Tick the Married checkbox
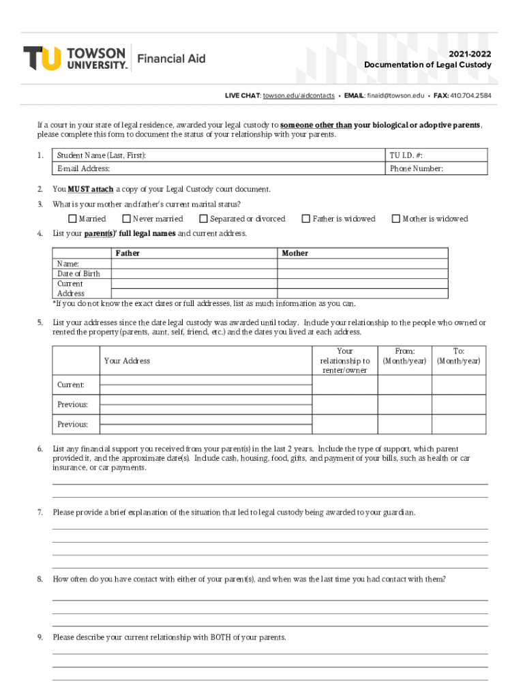(72, 219)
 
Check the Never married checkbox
(126, 219)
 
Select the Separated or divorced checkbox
(203, 219)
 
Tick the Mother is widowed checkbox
(395, 219)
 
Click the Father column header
(127, 253)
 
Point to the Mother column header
(295, 253)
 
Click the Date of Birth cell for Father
(194, 274)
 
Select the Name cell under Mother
(362, 264)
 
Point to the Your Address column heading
(127, 361)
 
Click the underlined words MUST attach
(91, 189)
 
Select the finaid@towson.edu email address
(395, 96)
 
